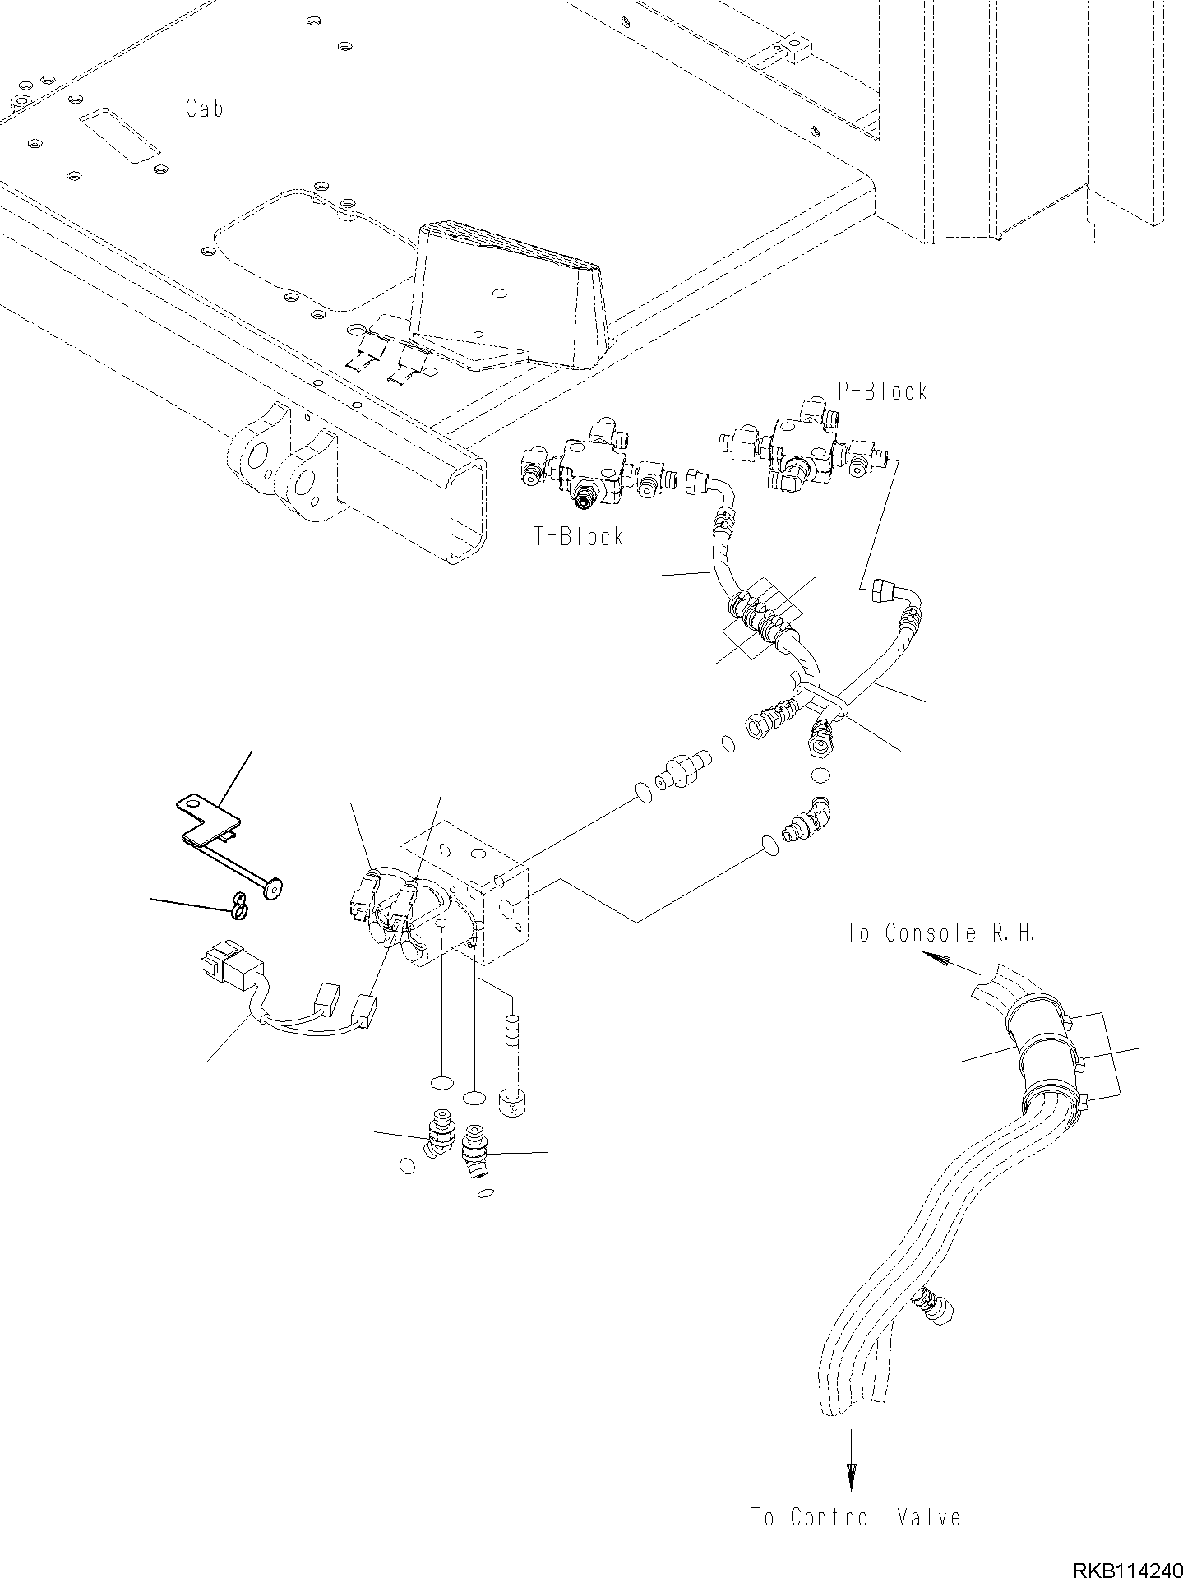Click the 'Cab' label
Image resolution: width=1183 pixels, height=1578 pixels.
pyautogui.click(x=204, y=109)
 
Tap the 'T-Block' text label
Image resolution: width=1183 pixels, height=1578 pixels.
pyautogui.click(x=579, y=537)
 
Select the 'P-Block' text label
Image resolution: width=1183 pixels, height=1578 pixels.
pyautogui.click(x=882, y=391)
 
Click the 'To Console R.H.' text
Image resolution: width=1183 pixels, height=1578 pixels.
pyautogui.click(x=940, y=933)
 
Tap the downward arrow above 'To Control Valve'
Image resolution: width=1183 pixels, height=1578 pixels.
pyautogui.click(x=851, y=1472)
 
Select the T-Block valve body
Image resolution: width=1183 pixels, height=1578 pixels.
pyautogui.click(x=589, y=469)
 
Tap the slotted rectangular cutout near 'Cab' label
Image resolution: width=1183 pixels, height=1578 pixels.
pyautogui.click(x=120, y=137)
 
